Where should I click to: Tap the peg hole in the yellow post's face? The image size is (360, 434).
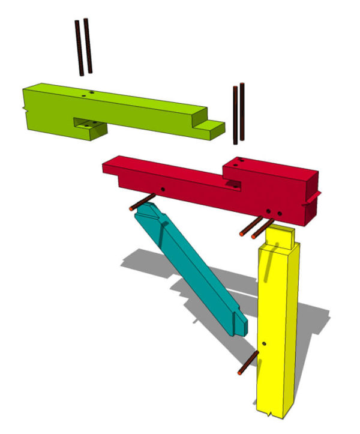click(264, 344)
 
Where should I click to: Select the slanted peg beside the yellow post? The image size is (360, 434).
click(248, 363)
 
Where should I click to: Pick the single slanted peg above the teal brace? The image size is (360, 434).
click(142, 202)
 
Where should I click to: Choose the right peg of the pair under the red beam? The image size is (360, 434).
click(262, 227)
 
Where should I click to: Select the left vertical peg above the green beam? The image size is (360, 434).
click(79, 48)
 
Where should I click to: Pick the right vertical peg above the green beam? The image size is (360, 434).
click(88, 46)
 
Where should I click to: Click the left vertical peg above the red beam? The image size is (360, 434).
click(235, 114)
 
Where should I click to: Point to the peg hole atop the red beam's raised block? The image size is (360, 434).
click(237, 160)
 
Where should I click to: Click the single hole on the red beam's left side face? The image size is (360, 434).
click(162, 189)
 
